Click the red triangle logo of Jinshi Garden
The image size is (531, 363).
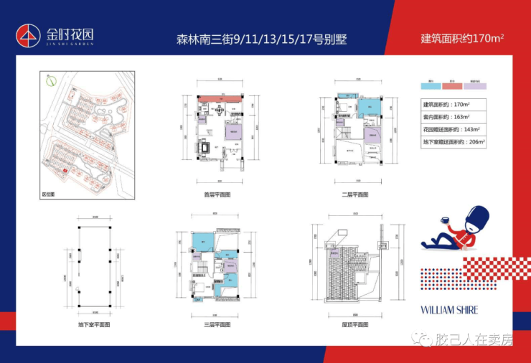tap(29, 34)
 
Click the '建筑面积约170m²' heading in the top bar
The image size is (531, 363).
tap(461, 38)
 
